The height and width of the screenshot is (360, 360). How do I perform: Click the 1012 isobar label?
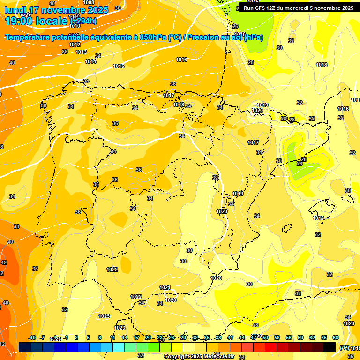75,45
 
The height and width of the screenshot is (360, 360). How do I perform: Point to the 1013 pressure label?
81,52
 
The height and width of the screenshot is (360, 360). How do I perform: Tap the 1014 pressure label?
90,61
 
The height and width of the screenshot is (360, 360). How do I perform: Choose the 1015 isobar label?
119,66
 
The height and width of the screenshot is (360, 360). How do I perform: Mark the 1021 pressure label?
165,287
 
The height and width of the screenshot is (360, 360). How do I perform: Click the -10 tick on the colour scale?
32,337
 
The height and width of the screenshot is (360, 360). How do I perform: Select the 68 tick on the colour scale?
336,337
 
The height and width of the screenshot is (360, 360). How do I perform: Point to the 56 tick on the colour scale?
289,337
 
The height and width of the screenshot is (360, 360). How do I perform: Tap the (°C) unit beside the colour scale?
344,348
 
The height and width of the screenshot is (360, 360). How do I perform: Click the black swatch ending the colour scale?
330,347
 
